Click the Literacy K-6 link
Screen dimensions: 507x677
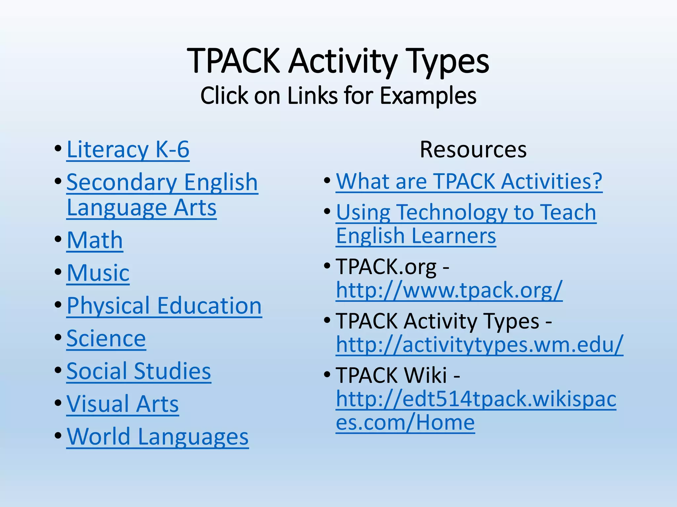tap(128, 150)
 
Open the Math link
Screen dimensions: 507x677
tap(95, 240)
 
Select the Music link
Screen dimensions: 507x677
tap(98, 273)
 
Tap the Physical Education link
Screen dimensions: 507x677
tap(164, 306)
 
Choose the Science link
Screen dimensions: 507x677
tap(106, 338)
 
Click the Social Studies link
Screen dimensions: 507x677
tap(139, 371)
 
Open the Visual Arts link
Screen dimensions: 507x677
tap(123, 404)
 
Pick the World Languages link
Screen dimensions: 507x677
tap(158, 436)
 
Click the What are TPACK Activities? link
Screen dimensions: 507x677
tap(469, 181)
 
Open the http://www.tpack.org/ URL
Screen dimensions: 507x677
tap(449, 290)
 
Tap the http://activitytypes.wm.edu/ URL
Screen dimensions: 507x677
tap(480, 345)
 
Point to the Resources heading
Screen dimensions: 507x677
tap(473, 150)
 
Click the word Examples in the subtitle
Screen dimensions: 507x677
tap(428, 96)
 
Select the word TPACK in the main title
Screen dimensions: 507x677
tap(233, 61)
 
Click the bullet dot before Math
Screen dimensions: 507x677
tap(58, 239)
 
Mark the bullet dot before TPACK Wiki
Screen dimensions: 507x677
tap(328, 375)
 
